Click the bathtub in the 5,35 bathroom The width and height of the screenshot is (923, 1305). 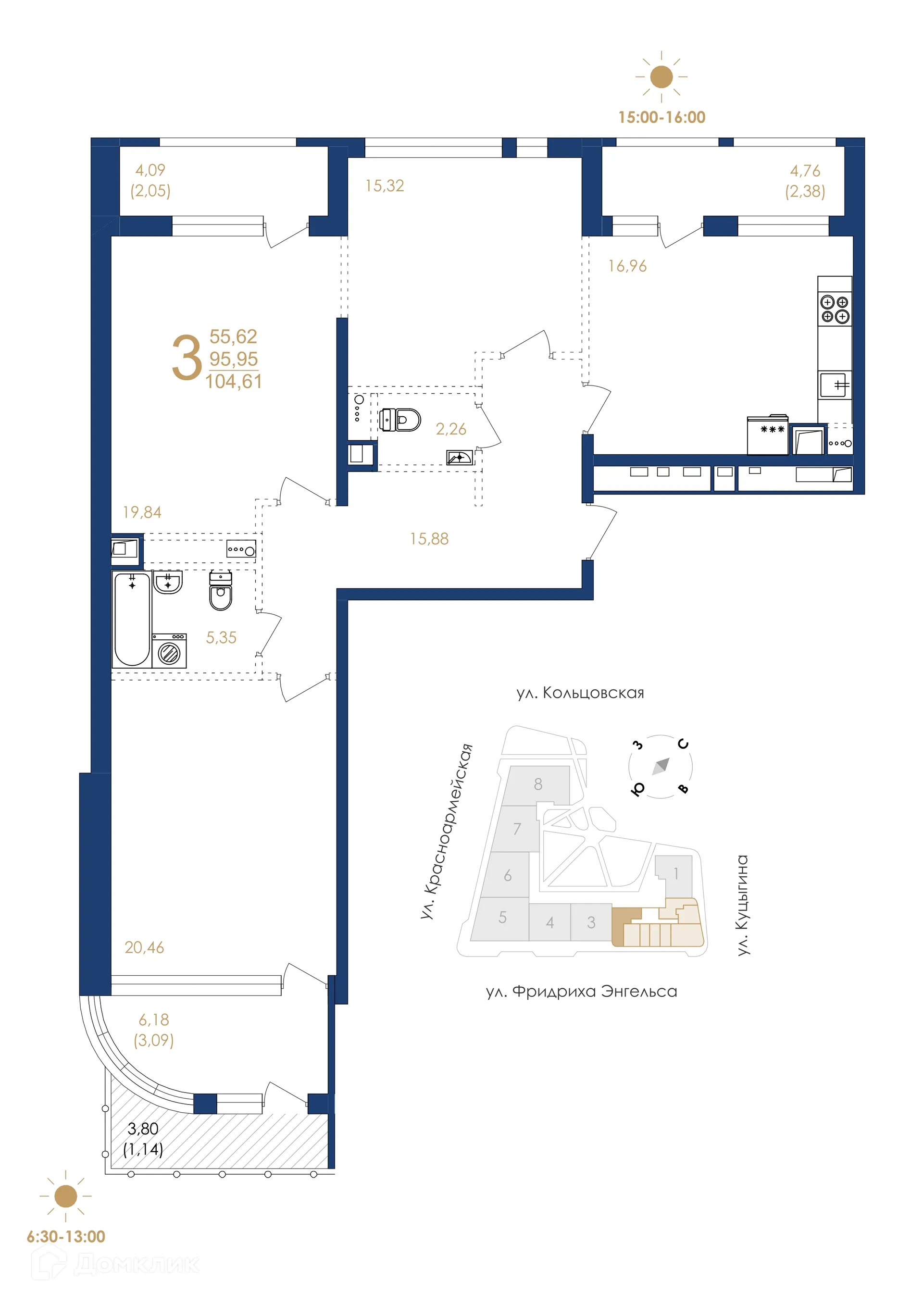point(132,619)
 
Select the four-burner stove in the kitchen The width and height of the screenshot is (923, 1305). point(835,309)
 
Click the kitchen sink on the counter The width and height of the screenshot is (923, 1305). point(835,385)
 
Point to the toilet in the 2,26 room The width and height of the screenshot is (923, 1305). point(400,420)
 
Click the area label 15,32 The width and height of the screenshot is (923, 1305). point(385,186)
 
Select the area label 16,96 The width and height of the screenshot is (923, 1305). point(627,266)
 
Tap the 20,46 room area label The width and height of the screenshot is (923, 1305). point(144,947)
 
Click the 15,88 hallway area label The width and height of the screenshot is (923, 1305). point(430,539)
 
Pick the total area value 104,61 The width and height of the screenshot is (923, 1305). point(234,381)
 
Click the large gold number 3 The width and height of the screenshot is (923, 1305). point(187,358)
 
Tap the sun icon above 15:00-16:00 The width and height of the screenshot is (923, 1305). point(661,77)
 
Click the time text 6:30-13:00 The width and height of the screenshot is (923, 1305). point(66,1236)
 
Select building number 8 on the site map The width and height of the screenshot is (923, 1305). point(537,784)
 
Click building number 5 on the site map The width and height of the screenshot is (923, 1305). point(502,918)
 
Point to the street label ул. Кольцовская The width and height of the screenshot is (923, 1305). point(580,693)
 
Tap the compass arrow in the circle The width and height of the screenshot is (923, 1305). point(661,766)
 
